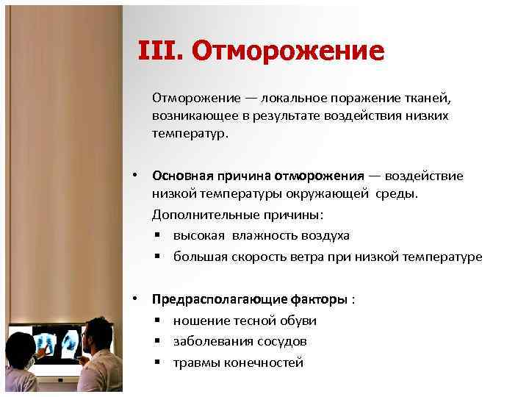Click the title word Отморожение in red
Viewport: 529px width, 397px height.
tap(288, 51)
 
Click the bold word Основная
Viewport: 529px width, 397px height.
tap(182, 176)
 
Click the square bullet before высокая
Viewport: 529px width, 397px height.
tap(158, 236)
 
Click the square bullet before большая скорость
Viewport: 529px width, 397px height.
tap(158, 257)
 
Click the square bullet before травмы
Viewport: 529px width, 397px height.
tap(158, 363)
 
